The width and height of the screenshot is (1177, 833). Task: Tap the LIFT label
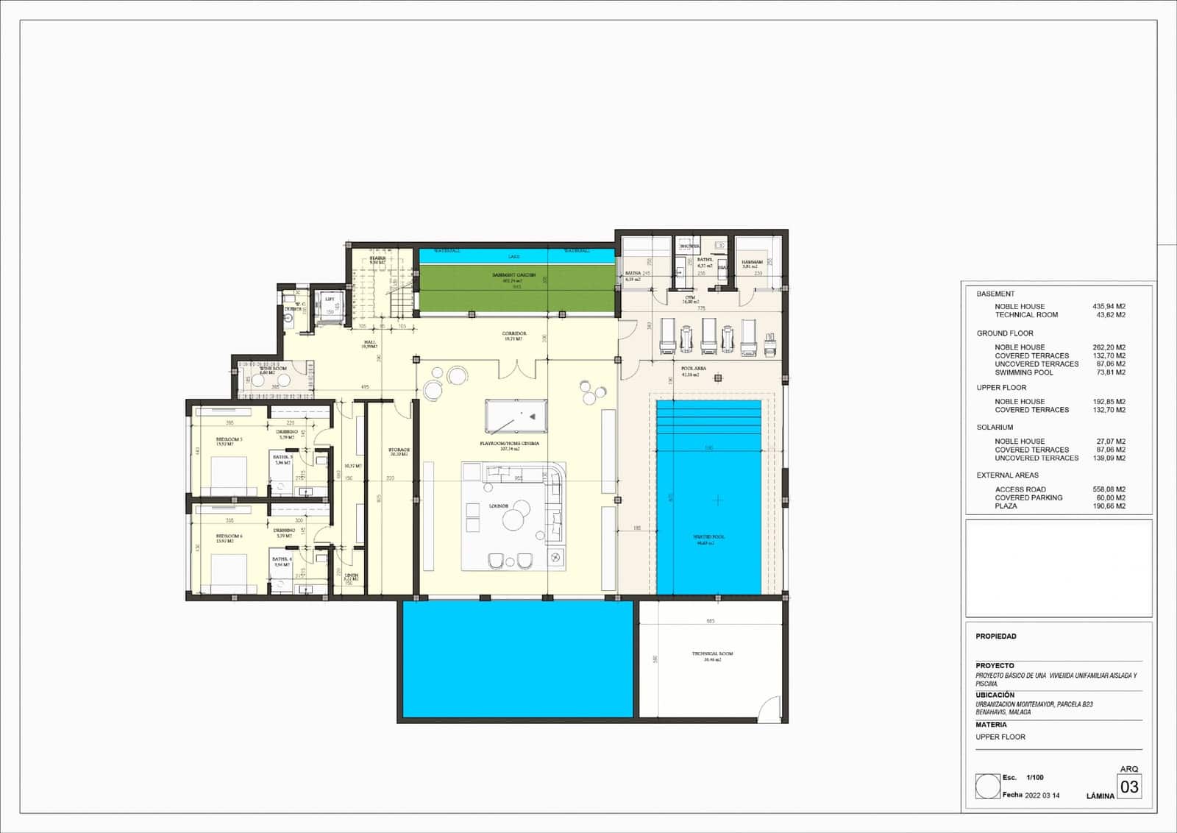[330, 299]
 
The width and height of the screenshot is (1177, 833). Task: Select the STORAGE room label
[399, 450]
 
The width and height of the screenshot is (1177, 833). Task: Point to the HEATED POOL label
[708, 537]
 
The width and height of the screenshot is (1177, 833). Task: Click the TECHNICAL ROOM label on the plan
[712, 653]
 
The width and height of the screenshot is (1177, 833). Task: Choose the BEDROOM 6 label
[229, 536]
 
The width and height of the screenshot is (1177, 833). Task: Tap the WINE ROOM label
[273, 369]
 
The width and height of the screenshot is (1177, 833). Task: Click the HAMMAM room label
[752, 262]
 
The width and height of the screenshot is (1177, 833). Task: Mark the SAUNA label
[633, 273]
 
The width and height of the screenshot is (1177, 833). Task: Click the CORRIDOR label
[514, 333]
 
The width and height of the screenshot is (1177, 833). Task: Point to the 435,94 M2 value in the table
[1109, 306]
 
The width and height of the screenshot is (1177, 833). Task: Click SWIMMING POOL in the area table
[1023, 372]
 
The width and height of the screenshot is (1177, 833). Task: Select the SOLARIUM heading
[995, 427]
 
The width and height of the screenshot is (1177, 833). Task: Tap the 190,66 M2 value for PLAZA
[1109, 506]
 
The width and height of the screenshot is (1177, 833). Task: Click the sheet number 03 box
[1128, 787]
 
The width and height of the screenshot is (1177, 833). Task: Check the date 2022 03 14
[1042, 795]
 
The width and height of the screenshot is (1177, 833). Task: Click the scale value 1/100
[1035, 777]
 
